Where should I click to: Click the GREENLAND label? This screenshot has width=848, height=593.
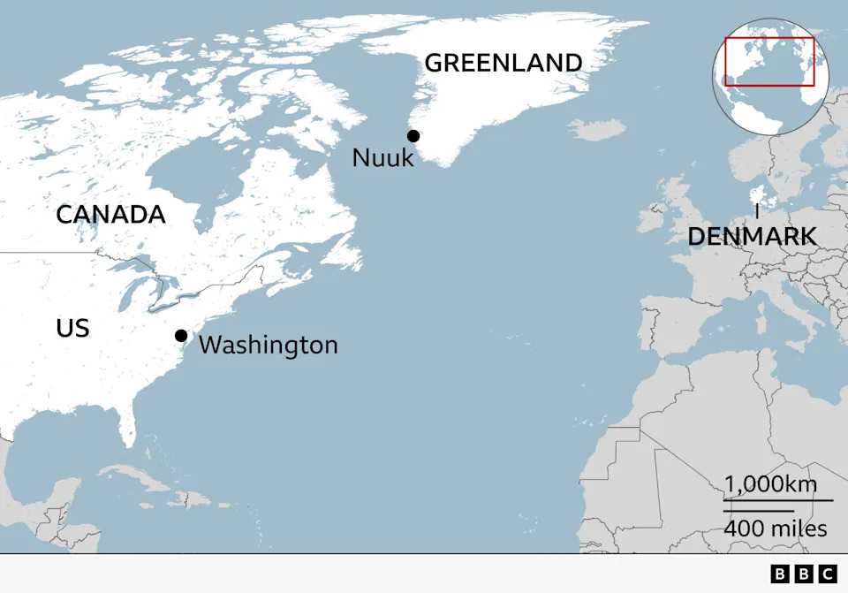point(503,64)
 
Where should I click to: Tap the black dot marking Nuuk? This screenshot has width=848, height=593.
point(413,135)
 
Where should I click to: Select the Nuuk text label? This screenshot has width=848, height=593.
point(382,158)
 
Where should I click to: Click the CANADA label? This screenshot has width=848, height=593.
point(110,215)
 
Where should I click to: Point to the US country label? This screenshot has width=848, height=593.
point(72,329)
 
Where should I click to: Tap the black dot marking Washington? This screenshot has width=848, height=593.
point(181,335)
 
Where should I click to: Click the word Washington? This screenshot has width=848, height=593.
point(268,345)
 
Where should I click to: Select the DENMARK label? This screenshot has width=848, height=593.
point(752,237)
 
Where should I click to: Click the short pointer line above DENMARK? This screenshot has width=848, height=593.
point(757,212)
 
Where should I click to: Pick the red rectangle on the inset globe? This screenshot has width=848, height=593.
point(768,61)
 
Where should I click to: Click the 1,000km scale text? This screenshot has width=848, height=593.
point(771,484)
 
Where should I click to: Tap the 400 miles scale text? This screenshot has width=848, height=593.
point(776,528)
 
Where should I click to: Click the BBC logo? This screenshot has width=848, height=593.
point(803,574)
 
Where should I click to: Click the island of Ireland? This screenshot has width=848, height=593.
point(654,213)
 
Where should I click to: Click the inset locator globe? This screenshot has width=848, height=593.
point(768,80)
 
